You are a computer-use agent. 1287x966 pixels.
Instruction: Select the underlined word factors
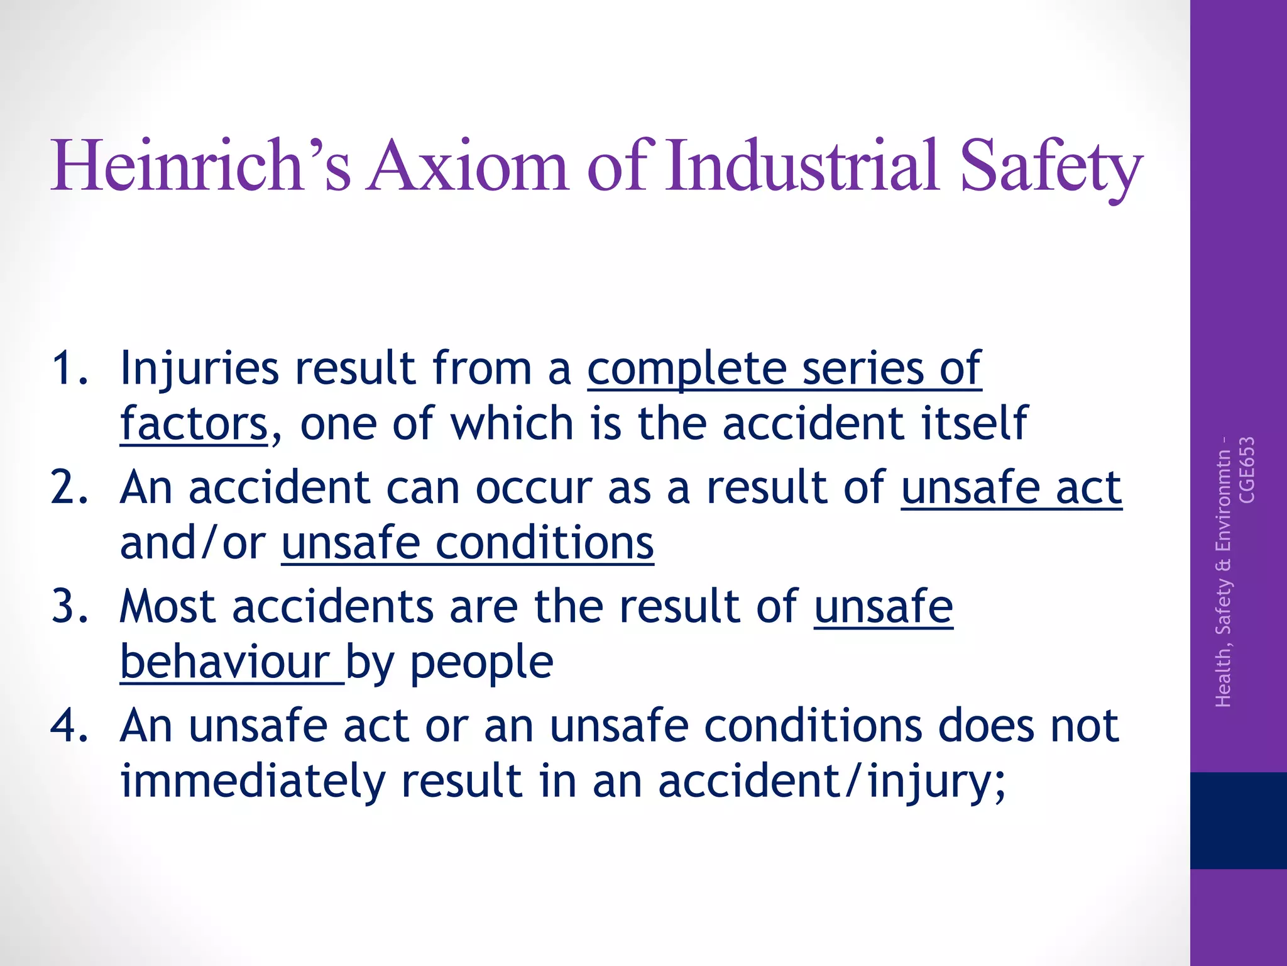(194, 424)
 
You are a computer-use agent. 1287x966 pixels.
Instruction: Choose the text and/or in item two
(192, 543)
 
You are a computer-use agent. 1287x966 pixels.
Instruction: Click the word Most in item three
(168, 607)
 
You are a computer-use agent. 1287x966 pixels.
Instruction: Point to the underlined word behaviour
(225, 663)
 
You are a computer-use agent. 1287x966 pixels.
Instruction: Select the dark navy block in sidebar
(1238, 820)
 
